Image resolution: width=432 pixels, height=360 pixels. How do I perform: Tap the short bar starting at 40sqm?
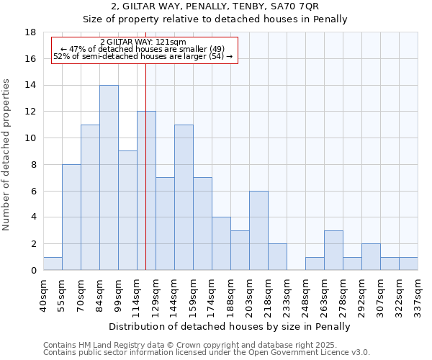[53, 264]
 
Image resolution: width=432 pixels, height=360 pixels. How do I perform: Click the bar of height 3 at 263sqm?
[333, 251]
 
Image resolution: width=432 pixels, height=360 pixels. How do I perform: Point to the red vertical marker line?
[146, 180]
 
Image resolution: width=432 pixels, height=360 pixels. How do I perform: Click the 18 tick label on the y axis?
[30, 32]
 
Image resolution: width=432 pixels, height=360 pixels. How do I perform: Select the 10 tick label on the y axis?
[30, 138]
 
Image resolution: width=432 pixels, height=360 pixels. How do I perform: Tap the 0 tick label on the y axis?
[33, 270]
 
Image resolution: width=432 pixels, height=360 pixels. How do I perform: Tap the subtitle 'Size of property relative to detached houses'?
[215, 19]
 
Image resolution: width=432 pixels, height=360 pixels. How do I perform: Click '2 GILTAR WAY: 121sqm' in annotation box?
[143, 42]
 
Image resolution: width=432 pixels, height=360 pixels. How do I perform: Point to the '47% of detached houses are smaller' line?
[143, 49]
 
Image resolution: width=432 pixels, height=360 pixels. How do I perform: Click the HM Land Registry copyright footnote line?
[194, 345]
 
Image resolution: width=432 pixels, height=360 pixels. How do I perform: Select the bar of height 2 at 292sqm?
[371, 257]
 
